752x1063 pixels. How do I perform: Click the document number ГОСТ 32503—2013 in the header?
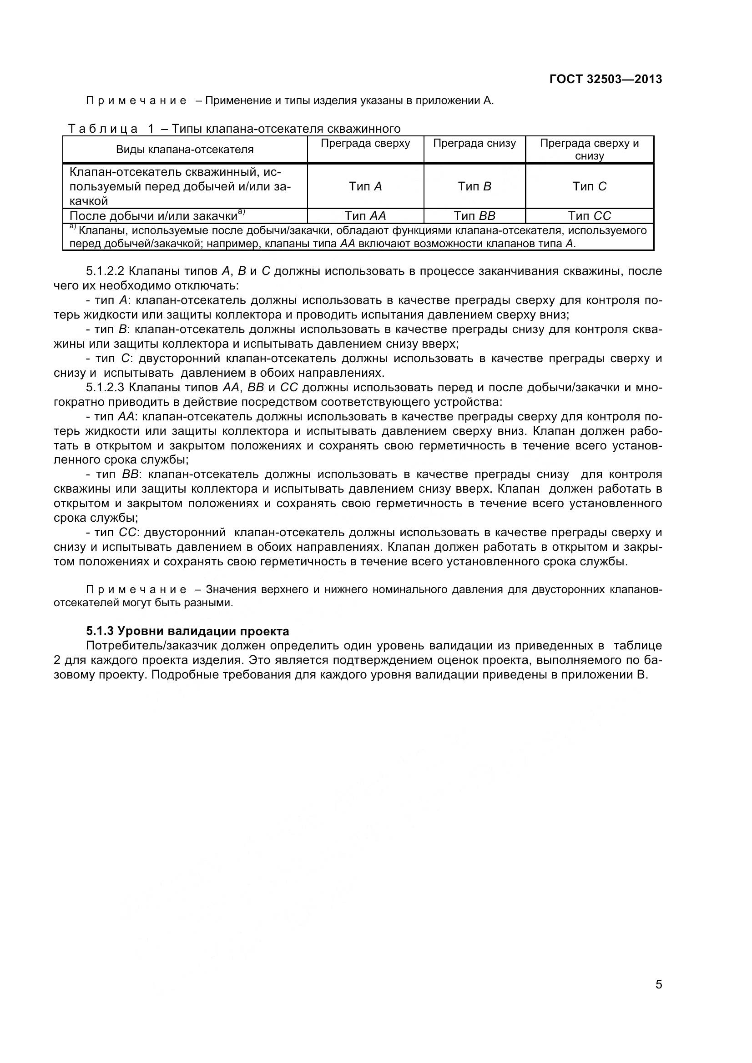tap(605, 80)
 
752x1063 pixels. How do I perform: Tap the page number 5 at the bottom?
tap(658, 997)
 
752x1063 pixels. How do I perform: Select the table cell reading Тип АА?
tap(365, 216)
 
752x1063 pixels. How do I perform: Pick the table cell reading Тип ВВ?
tap(474, 216)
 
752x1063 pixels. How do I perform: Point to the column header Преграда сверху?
tap(365, 144)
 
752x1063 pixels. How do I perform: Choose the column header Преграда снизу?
tap(474, 144)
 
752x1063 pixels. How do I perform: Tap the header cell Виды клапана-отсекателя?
tap(184, 150)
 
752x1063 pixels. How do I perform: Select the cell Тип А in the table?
tap(365, 187)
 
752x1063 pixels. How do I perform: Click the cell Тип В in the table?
tap(474, 187)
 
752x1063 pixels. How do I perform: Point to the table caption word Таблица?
tap(103, 129)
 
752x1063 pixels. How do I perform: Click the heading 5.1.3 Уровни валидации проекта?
tap(187, 631)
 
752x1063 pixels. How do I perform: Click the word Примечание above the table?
tap(136, 100)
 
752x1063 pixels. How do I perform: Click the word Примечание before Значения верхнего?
tap(136, 589)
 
